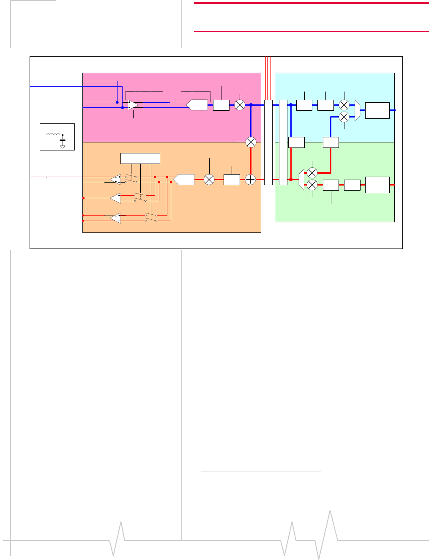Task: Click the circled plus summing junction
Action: (x=251, y=180)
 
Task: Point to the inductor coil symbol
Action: (x=53, y=134)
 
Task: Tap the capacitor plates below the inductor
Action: (x=63, y=139)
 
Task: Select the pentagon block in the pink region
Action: (x=197, y=105)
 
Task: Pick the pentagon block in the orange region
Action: (x=184, y=180)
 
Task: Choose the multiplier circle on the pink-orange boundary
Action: (x=251, y=142)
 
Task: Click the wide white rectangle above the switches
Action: (x=140, y=158)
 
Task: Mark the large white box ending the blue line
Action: (x=377, y=110)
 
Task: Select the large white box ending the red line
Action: (x=377, y=185)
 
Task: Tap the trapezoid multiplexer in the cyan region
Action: (x=357, y=110)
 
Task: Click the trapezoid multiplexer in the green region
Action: (x=301, y=179)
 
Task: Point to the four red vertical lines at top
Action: (x=268, y=78)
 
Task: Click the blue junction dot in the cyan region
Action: (x=291, y=105)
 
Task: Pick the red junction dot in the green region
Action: (x=291, y=180)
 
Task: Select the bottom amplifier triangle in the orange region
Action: (x=115, y=218)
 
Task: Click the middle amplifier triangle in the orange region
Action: (x=115, y=198)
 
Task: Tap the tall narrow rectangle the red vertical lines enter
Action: (x=268, y=142)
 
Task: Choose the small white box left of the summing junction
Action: (x=232, y=180)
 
